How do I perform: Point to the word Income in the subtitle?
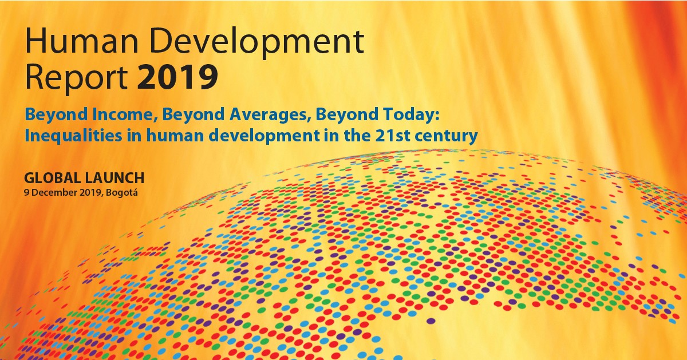click(x=124, y=117)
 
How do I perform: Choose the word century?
click(x=446, y=137)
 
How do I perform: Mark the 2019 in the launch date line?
click(x=89, y=191)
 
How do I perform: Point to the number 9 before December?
click(x=26, y=191)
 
